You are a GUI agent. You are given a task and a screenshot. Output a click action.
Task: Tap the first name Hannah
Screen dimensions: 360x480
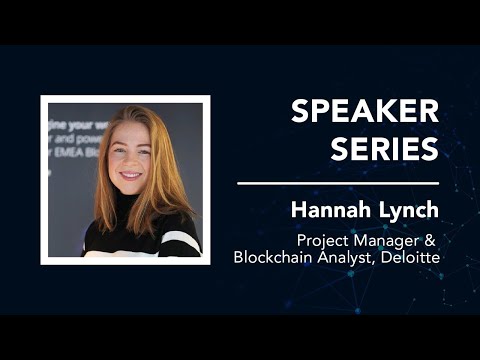(325, 210)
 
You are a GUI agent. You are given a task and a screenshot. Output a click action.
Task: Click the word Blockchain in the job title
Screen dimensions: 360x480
(271, 257)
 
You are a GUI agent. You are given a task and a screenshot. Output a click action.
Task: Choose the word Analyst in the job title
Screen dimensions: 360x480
(340, 257)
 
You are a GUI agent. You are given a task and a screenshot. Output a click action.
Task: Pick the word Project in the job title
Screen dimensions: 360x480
(322, 240)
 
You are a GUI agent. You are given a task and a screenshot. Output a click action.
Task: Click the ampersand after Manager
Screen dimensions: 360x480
(432, 240)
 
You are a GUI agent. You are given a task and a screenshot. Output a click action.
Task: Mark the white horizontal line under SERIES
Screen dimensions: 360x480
(338, 184)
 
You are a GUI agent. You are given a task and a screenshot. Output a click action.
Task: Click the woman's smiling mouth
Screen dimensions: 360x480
(131, 176)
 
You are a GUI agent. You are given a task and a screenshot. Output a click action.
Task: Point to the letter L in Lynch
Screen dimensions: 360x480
(380, 210)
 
